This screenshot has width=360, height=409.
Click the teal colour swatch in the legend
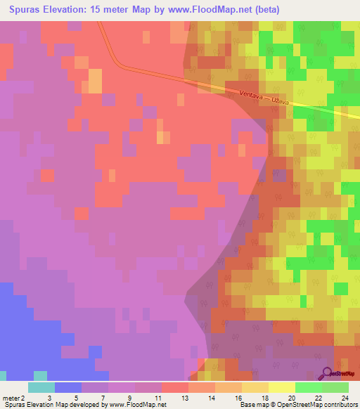coord(41,387)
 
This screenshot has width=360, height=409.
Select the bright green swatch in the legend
coord(309,387)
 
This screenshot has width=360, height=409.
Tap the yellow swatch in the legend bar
coord(281,387)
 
